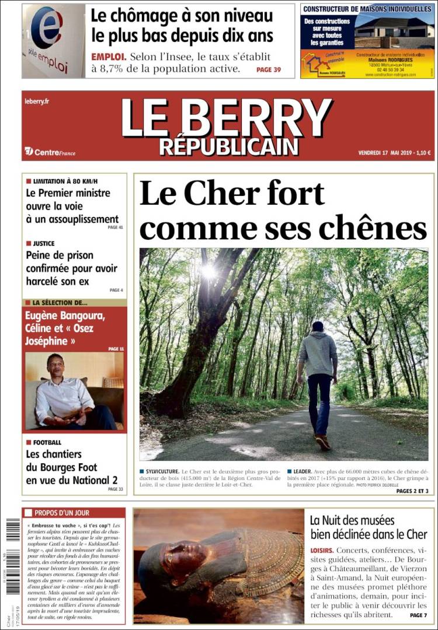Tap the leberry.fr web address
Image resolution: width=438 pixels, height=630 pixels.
[x=37, y=101]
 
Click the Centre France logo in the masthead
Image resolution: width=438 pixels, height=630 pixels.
[x=50, y=152]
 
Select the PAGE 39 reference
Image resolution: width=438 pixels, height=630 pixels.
[x=269, y=69]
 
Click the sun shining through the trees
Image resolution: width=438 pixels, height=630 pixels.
[x=208, y=272]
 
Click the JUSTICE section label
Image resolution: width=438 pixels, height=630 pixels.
[x=44, y=243]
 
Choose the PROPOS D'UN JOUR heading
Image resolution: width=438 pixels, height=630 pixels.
[x=62, y=513]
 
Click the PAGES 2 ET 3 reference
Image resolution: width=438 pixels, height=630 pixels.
[x=412, y=491]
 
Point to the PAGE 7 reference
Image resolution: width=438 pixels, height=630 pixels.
[x=418, y=615]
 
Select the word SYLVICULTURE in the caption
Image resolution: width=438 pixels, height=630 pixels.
[x=162, y=470]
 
